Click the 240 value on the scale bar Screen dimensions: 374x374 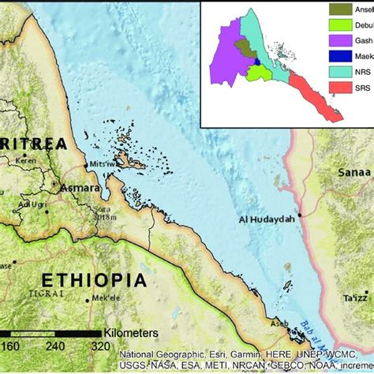pos(54,345)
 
